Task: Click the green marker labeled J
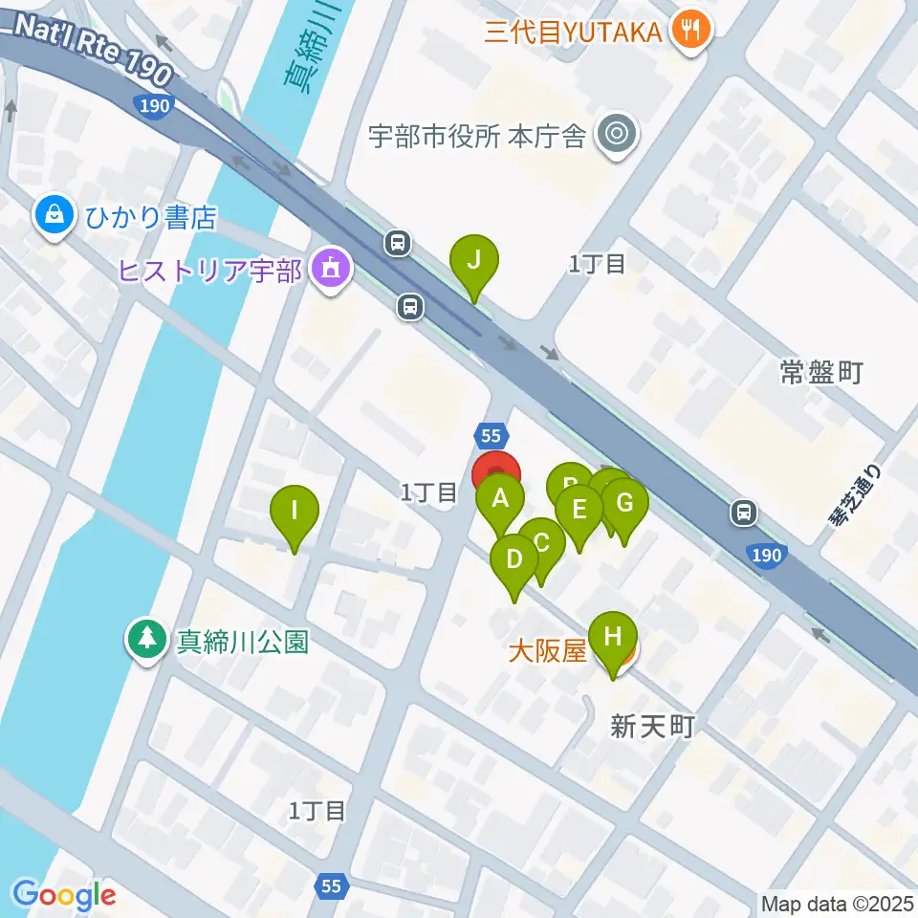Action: [x=474, y=259]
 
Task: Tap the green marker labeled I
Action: [x=295, y=511]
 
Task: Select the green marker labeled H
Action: [x=613, y=636]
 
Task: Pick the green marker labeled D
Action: [x=514, y=559]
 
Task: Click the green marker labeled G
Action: [x=624, y=503]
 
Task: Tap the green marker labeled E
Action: [x=579, y=510]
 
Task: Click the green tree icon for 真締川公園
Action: [x=148, y=638]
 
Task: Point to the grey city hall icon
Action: [x=615, y=136]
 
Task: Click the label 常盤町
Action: [x=821, y=373]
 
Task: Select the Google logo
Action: [x=64, y=895]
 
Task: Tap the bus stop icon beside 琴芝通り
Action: [x=743, y=514]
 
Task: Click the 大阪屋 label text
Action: [x=546, y=652]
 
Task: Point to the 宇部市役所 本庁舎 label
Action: [x=477, y=137]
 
